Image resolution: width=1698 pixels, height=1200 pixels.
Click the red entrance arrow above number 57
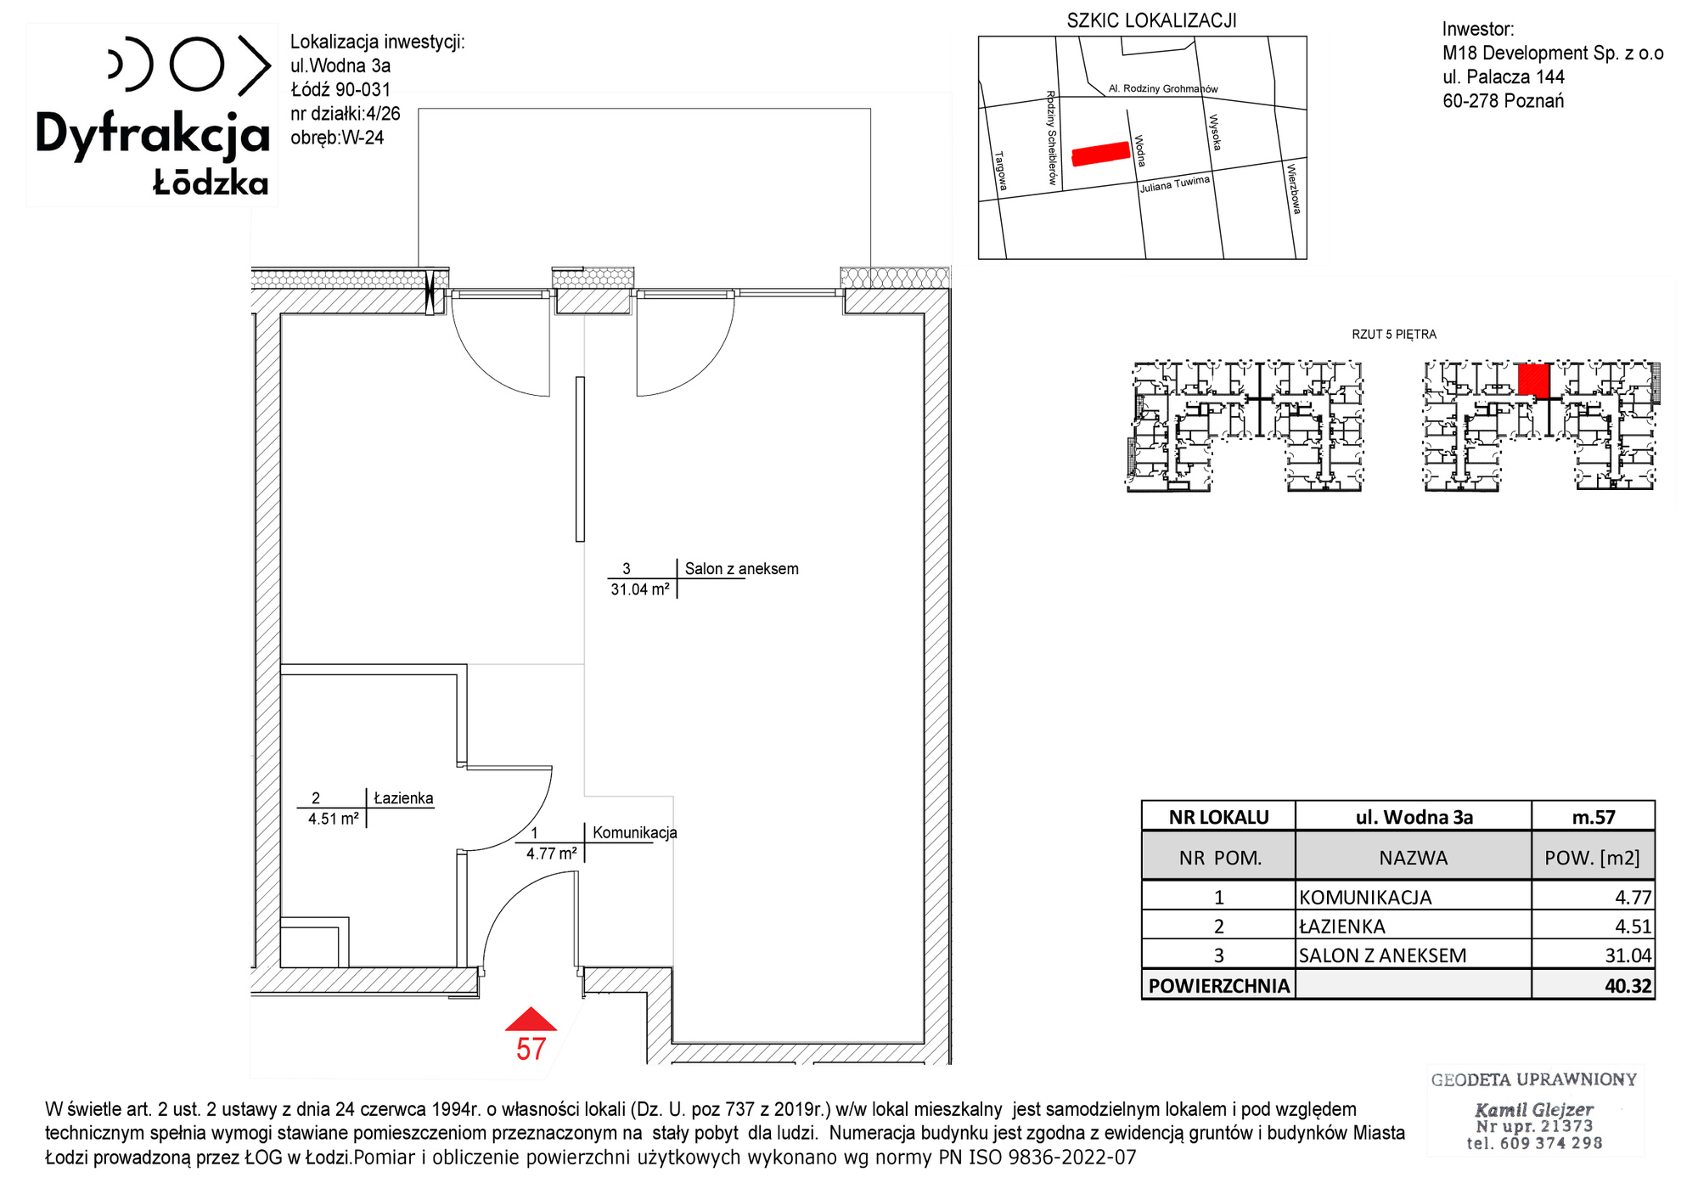coord(531,1019)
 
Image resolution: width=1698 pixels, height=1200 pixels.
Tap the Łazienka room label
coord(403,798)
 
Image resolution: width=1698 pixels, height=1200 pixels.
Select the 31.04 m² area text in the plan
coord(640,589)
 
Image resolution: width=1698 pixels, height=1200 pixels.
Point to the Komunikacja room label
coord(634,832)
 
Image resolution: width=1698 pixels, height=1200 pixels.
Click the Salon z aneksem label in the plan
coord(742,569)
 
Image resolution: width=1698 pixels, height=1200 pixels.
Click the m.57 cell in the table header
coord(1594,817)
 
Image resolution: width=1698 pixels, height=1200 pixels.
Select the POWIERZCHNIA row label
coord(1218,986)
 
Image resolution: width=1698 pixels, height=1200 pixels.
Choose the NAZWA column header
coord(1413,858)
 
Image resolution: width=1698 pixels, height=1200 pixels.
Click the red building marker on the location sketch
coord(1101,153)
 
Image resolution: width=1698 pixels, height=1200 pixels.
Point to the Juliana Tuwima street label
coord(1174,184)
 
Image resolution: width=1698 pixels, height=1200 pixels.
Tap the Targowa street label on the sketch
coord(1001,171)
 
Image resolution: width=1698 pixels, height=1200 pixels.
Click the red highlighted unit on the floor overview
coord(1533,379)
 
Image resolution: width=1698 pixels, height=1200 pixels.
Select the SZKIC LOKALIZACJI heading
coord(1151,21)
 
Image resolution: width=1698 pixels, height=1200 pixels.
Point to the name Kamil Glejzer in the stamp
coord(1533,1109)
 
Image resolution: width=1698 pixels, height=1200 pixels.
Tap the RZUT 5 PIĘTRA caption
coord(1394,335)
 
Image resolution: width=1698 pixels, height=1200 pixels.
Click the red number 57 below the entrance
coord(531,1050)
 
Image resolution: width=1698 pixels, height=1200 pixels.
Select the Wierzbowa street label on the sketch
coord(1293,189)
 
